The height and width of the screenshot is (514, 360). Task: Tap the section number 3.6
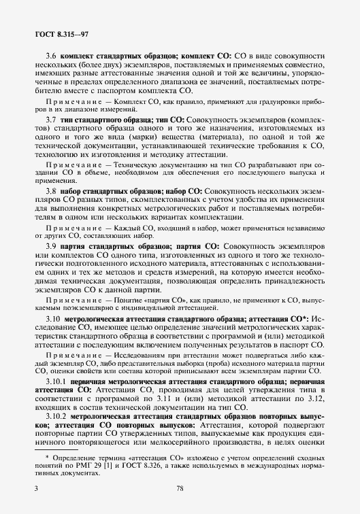(x=50, y=54)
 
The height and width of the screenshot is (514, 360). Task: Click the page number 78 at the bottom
(x=180, y=488)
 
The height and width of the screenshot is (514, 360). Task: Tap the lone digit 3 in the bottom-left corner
(x=36, y=488)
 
